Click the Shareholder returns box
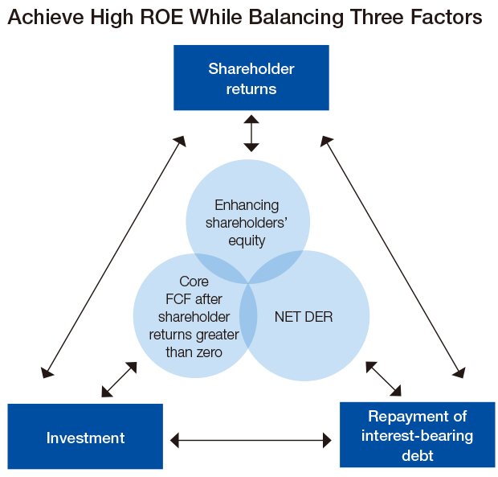[x=251, y=77]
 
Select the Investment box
[x=85, y=436]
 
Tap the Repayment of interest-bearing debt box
[x=418, y=434]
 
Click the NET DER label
[x=304, y=317]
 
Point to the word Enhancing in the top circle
[x=247, y=205]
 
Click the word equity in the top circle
[x=247, y=241]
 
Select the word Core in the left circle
[x=194, y=282]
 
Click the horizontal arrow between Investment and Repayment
[x=251, y=441]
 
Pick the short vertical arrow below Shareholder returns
[x=251, y=134]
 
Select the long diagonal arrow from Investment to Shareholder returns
[x=113, y=257]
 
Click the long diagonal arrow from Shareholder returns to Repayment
[x=393, y=257]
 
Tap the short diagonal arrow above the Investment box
[x=119, y=380]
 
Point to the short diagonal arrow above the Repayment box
[x=383, y=379]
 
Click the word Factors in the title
[x=447, y=17]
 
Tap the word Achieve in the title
[x=46, y=17]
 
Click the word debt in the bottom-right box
[x=418, y=455]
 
